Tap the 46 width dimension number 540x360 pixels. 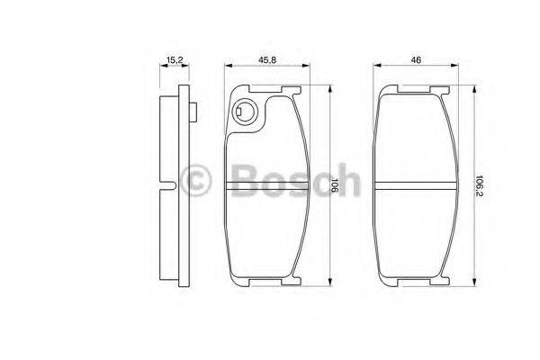[415, 60]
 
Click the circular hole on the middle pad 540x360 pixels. [243, 113]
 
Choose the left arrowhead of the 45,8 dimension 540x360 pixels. [227, 67]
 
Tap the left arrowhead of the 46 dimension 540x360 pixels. [375, 67]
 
